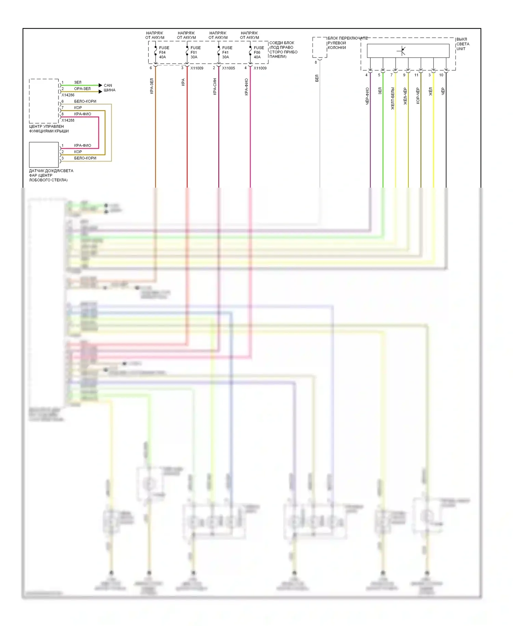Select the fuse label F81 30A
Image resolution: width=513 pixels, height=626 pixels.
pyautogui.click(x=195, y=52)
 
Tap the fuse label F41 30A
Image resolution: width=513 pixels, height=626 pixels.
pyautogui.click(x=227, y=52)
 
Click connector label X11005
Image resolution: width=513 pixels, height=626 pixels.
pyautogui.click(x=228, y=68)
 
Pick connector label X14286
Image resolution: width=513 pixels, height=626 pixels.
pyautogui.click(x=68, y=95)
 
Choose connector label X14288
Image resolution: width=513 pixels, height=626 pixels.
pyautogui.click(x=68, y=120)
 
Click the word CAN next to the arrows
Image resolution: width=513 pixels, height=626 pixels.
pyautogui.click(x=108, y=85)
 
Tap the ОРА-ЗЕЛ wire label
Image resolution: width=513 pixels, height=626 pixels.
pyautogui.click(x=82, y=89)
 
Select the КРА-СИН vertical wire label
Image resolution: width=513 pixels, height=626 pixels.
pyautogui.click(x=215, y=86)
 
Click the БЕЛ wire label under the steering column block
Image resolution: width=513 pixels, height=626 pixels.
pyautogui.click(x=317, y=78)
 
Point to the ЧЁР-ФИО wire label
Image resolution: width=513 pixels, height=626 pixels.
pyautogui.click(x=367, y=96)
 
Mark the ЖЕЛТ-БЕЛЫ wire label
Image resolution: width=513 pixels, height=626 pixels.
pyautogui.click(x=393, y=98)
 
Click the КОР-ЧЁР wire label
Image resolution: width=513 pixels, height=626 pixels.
pyautogui.click(x=418, y=96)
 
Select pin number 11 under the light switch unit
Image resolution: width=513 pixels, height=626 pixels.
pyautogui.click(x=416, y=75)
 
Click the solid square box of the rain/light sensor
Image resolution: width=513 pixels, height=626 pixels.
pyautogui.click(x=44, y=155)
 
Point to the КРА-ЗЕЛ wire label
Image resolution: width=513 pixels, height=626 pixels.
pyautogui.click(x=152, y=86)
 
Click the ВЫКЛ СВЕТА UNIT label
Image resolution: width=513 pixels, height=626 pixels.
pyautogui.click(x=462, y=44)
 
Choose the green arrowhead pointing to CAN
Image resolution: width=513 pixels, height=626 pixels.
pyautogui.click(x=100, y=85)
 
